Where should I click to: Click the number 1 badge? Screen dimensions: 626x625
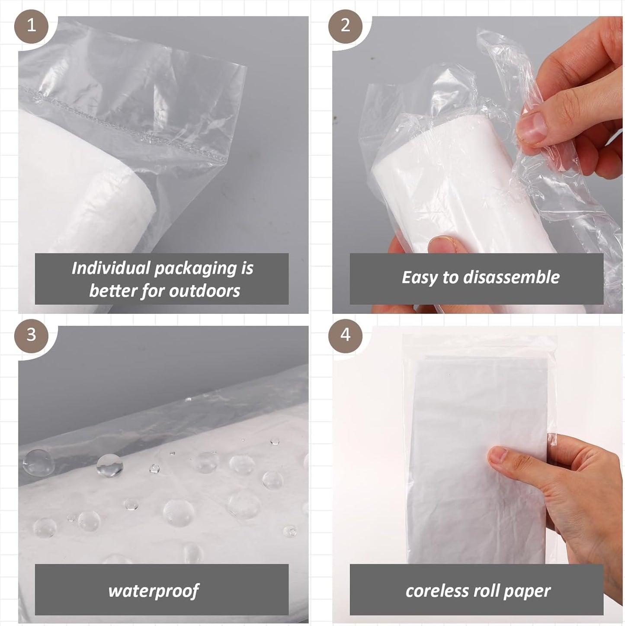[x=31, y=26]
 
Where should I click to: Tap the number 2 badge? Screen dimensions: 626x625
[x=345, y=26]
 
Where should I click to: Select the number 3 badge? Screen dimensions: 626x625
[x=31, y=335]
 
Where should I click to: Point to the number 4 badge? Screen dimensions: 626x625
[x=345, y=335]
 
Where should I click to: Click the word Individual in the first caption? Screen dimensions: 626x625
[x=111, y=268]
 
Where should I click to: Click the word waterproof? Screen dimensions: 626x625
[x=154, y=591]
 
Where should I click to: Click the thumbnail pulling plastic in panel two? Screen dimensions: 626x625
[x=530, y=129]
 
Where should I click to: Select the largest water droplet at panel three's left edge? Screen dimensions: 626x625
[x=37, y=461]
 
